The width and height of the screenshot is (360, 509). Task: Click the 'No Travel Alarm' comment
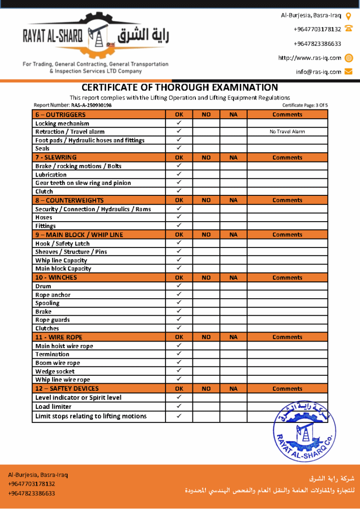pos(287,132)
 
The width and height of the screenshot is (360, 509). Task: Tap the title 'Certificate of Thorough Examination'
pos(180,87)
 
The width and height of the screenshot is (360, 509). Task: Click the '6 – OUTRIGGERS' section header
pos(60,114)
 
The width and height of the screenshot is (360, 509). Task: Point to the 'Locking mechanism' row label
pos(62,123)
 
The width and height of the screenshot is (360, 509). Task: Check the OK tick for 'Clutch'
pos(179,191)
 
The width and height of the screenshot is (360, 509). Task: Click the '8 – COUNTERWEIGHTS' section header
pos(69,200)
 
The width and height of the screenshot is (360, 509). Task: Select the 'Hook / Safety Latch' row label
pos(62,244)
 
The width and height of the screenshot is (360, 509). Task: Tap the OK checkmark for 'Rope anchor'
pos(179,294)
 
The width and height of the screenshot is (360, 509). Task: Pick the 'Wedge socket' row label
pos(55,371)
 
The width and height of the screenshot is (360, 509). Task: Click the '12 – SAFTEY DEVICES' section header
pos(67,389)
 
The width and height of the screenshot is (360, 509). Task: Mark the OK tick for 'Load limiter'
pos(179,406)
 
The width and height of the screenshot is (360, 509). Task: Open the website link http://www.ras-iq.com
pos(310,58)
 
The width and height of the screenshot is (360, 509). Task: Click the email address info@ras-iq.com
pos(319,72)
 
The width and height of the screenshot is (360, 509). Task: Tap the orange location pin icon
pos(349,16)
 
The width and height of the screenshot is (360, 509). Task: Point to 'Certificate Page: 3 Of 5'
pos(305,105)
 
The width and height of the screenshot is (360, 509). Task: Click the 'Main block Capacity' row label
pos(63,269)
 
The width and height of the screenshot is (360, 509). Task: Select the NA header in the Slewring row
pos(234,158)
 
